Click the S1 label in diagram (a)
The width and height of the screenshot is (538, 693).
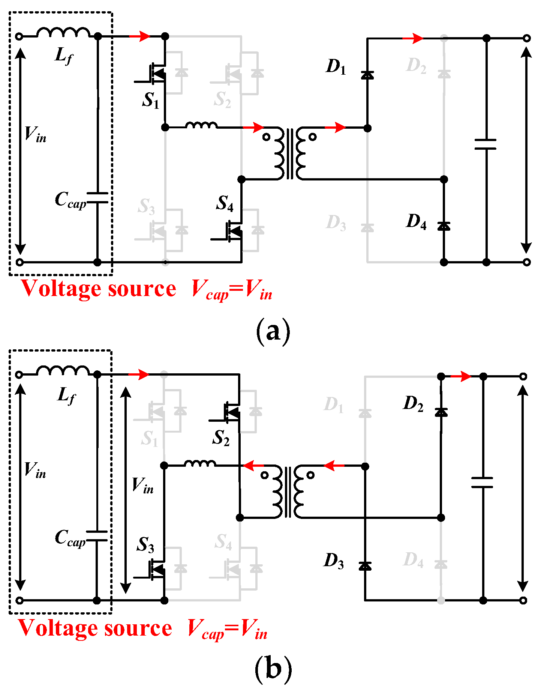pyautogui.click(x=151, y=100)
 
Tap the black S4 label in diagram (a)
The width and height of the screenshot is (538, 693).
pyautogui.click(x=225, y=203)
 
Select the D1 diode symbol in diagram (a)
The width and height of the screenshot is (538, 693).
pyautogui.click(x=367, y=75)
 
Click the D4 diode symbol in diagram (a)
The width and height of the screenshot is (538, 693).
pyautogui.click(x=444, y=226)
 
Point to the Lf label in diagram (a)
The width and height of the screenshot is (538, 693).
pyautogui.click(x=64, y=56)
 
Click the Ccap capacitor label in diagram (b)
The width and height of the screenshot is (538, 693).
pyautogui.click(x=70, y=538)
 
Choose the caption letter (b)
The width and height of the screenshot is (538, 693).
pyautogui.click(x=273, y=669)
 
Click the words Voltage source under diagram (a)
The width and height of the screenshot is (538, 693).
pyautogui.click(x=99, y=289)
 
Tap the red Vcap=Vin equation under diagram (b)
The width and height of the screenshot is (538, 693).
pyautogui.click(x=227, y=628)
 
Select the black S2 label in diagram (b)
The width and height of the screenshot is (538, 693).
pyautogui.click(x=221, y=438)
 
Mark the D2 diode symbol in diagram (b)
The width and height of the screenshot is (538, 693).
pyautogui.click(x=441, y=412)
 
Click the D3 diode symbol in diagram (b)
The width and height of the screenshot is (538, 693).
pyautogui.click(x=365, y=566)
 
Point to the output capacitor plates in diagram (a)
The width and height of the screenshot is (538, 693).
pyautogui.click(x=486, y=144)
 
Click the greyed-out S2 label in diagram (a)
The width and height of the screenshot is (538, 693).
pyautogui.click(x=223, y=100)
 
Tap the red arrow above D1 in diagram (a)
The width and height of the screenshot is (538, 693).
pyautogui.click(x=413, y=38)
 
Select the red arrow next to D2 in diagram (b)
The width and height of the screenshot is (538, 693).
pyautogui.click(x=460, y=376)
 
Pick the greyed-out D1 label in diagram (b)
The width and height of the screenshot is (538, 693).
pyautogui.click(x=334, y=405)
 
